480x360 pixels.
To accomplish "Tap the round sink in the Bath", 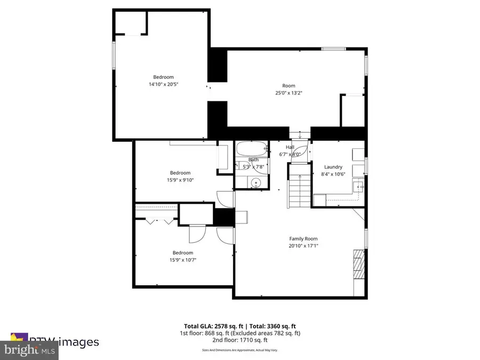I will click(x=257, y=183).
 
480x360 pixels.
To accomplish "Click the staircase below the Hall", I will click(x=299, y=187).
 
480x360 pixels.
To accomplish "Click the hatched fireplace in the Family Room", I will click(x=358, y=265).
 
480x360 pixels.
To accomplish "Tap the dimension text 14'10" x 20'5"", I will click(x=163, y=84).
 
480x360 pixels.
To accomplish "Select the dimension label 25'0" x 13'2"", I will click(x=289, y=92).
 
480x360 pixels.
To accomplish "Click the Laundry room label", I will click(x=333, y=167).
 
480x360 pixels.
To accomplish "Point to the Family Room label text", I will click(x=303, y=239).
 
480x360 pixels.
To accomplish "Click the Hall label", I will click(x=290, y=147).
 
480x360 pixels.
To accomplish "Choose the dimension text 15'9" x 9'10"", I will click(x=180, y=180).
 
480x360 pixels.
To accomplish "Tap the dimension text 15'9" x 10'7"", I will click(x=182, y=260).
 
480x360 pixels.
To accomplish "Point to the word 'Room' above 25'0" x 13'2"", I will click(x=289, y=85).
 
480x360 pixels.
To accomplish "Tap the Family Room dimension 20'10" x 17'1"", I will click(x=303, y=246).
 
